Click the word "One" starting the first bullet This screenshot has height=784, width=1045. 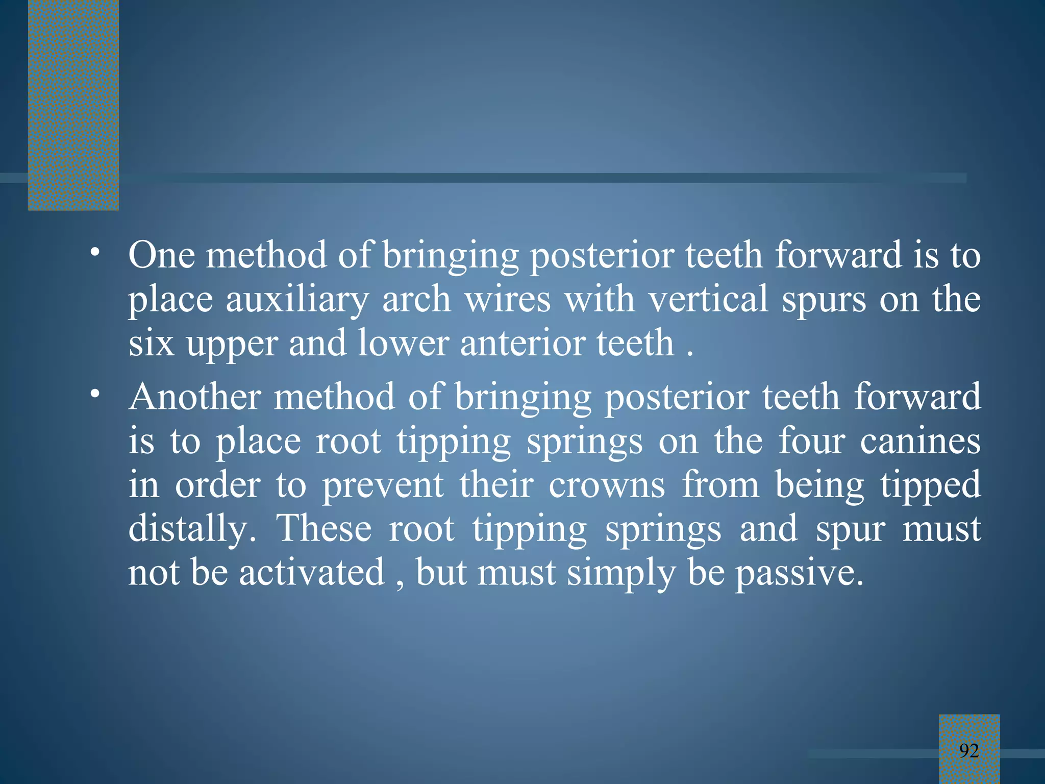point(161,255)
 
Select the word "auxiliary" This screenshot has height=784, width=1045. point(297,300)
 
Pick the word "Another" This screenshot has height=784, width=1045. point(195,397)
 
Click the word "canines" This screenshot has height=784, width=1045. point(920,441)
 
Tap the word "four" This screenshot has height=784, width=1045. point(812,441)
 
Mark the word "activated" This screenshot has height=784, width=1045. point(312,573)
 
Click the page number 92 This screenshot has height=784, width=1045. point(969,750)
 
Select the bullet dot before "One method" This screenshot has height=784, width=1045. point(94,253)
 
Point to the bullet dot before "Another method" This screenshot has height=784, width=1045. point(94,395)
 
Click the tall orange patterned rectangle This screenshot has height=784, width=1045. point(73,105)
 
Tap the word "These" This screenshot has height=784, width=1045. point(324,529)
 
